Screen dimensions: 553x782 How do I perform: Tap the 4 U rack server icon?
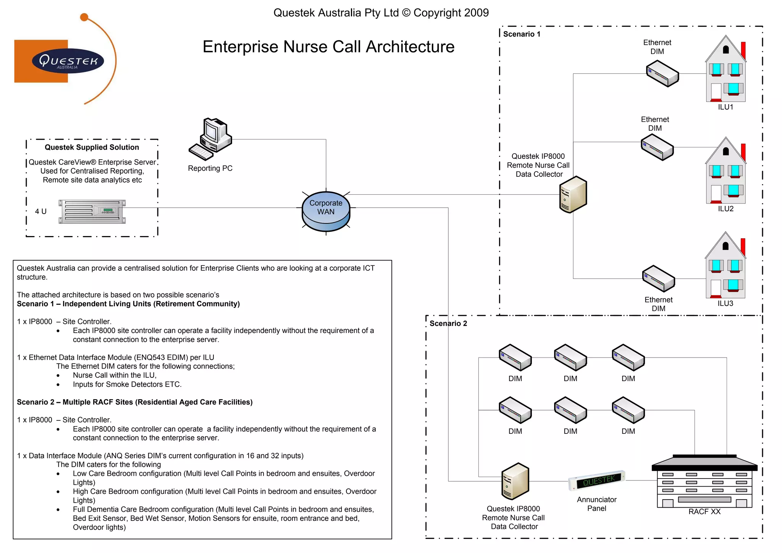(x=92, y=212)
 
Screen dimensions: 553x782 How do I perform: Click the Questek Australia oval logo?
(x=68, y=61)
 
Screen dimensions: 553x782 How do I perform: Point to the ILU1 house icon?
(x=725, y=71)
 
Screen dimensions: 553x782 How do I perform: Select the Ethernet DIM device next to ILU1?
(x=662, y=75)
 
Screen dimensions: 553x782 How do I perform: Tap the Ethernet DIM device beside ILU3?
(x=658, y=279)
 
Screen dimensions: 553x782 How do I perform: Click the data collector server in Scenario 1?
(x=573, y=194)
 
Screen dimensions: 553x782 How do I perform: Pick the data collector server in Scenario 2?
(x=515, y=481)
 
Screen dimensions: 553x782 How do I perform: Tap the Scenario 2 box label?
(x=448, y=323)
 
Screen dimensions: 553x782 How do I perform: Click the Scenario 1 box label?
(x=521, y=34)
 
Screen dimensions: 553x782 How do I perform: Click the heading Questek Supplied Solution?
(x=92, y=147)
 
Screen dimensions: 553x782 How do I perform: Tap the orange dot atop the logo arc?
(x=84, y=17)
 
